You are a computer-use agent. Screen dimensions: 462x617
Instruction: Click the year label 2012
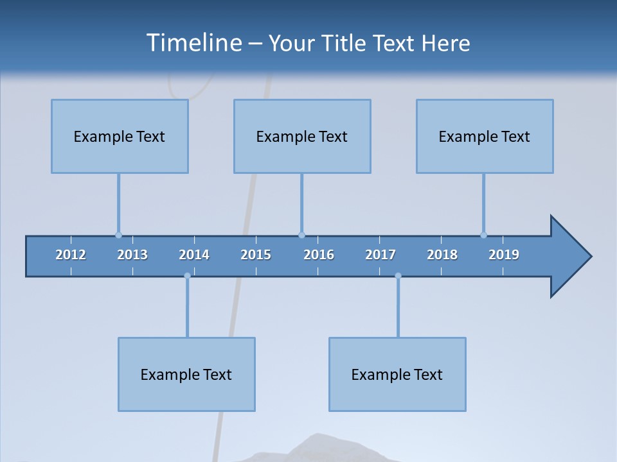click(71, 255)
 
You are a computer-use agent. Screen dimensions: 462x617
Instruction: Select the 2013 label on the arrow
click(132, 255)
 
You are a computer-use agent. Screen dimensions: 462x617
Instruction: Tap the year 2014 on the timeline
click(194, 255)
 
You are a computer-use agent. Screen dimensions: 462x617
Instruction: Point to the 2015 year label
click(256, 255)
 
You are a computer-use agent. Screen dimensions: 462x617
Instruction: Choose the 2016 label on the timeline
click(319, 255)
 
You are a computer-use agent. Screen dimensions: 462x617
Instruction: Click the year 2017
click(380, 255)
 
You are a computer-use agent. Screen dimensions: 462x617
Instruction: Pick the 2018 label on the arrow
click(442, 255)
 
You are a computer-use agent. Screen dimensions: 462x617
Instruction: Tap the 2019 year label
click(504, 255)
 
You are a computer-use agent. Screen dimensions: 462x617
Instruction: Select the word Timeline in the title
click(193, 43)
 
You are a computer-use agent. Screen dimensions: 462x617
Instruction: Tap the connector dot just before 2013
click(118, 235)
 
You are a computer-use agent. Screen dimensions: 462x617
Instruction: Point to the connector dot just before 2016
click(301, 235)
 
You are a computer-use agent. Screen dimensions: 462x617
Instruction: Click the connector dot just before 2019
click(483, 235)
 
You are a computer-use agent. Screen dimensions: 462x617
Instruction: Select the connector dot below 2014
click(187, 276)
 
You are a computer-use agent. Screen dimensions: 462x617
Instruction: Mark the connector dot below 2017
click(398, 276)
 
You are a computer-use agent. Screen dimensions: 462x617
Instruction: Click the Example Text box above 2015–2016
click(302, 136)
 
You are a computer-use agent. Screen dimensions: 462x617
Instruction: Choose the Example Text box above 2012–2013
click(120, 136)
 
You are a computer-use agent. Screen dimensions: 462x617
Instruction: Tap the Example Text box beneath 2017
click(397, 374)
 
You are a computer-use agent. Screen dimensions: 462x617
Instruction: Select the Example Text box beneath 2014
click(186, 374)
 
